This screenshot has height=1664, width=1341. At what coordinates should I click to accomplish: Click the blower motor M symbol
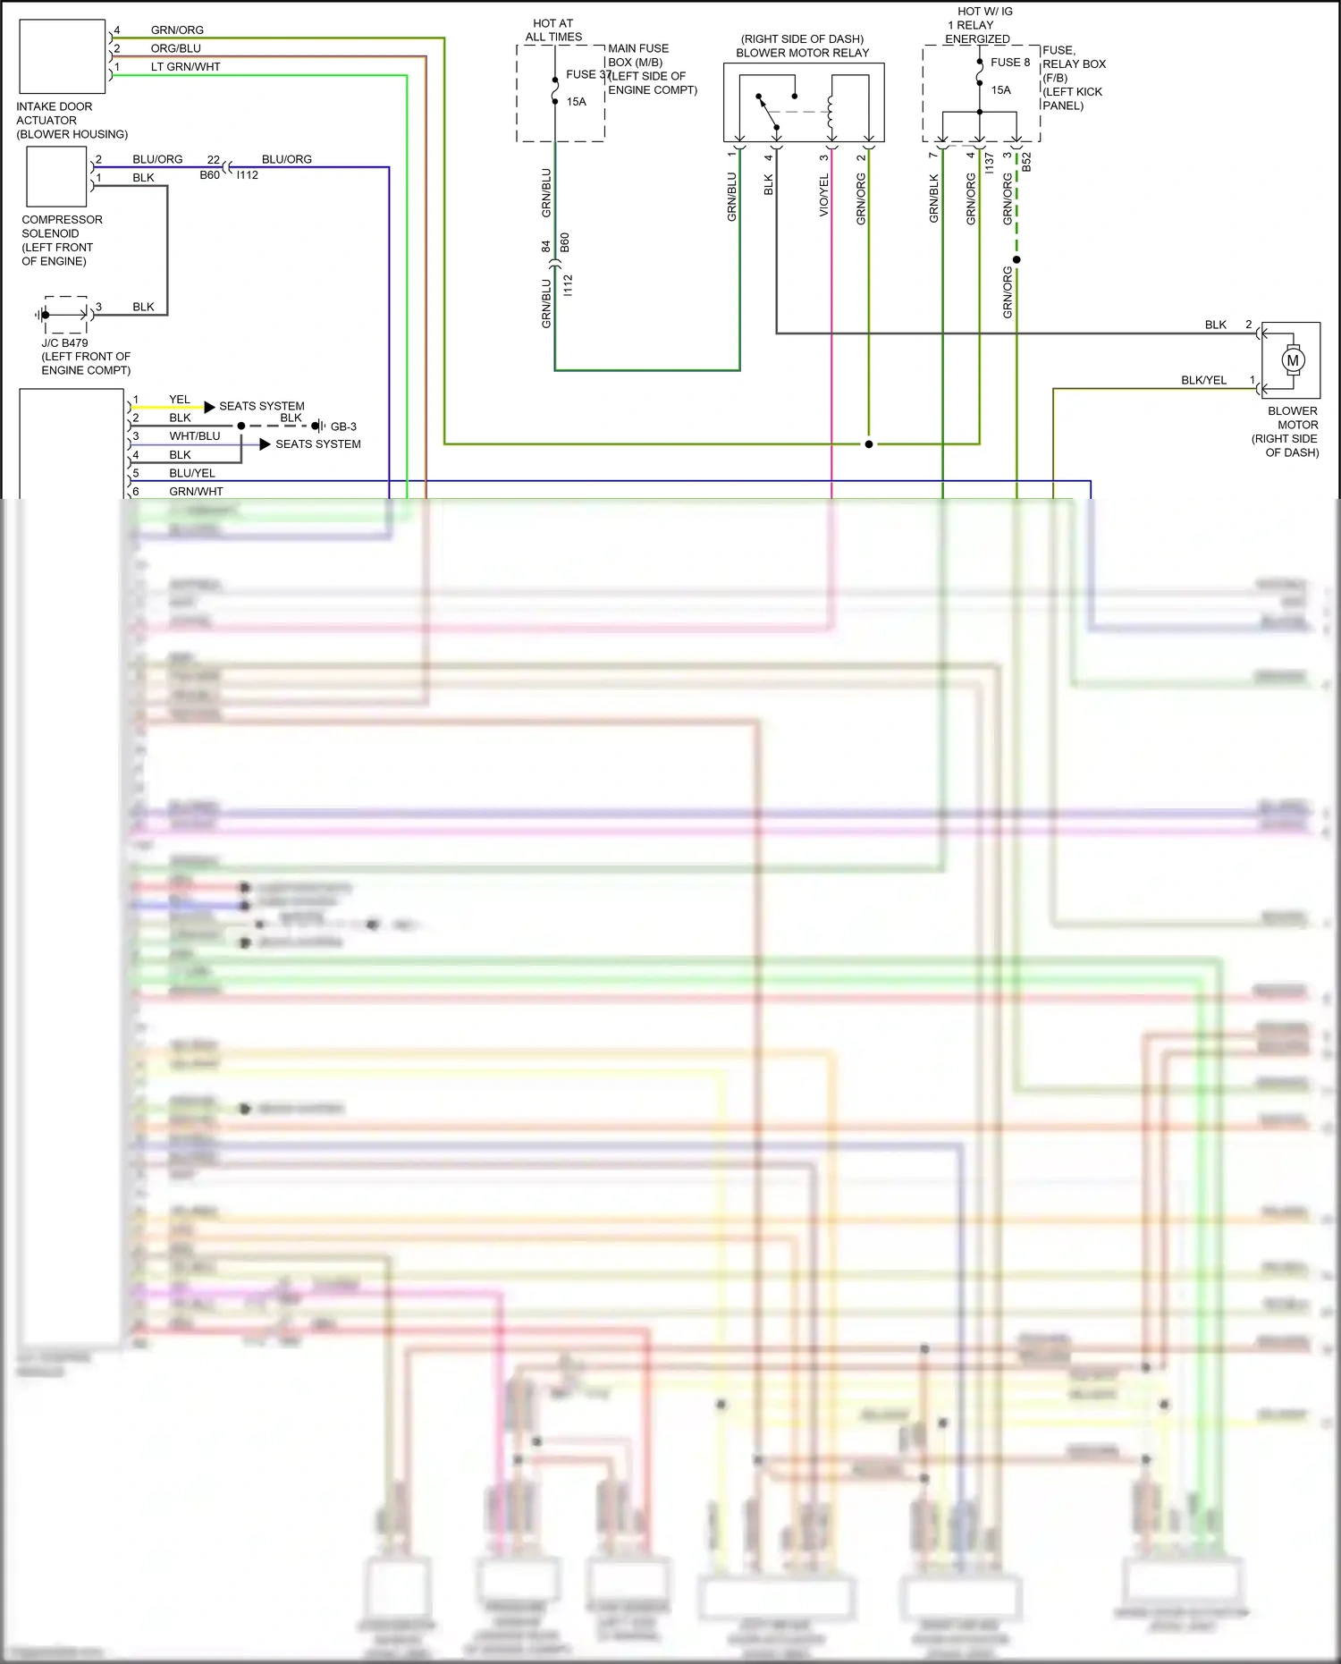tap(1292, 360)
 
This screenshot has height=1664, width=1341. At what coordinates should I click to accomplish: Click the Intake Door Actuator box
tap(62, 56)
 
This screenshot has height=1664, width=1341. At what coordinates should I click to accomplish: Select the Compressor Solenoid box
tap(56, 177)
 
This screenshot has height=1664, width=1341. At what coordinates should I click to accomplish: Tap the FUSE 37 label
tap(586, 74)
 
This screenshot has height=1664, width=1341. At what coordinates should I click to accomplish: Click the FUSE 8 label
tap(1009, 62)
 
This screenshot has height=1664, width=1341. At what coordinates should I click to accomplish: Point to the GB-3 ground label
tap(343, 427)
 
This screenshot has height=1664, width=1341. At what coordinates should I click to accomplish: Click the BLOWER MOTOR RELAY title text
tap(802, 53)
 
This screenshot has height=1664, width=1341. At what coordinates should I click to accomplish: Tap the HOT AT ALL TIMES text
tap(553, 30)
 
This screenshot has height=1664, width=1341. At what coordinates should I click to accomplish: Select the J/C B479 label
tap(64, 342)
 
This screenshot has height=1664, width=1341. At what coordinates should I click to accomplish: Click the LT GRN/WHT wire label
tap(185, 67)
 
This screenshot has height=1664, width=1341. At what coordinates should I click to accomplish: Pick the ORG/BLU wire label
tap(176, 48)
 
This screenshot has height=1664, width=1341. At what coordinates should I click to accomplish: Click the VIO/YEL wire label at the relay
tap(824, 195)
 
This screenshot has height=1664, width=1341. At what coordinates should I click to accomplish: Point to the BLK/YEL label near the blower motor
tap(1203, 380)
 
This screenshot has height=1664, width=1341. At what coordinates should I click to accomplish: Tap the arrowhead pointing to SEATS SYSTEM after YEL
tap(209, 407)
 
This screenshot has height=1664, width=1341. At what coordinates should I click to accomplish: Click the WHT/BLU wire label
tap(194, 436)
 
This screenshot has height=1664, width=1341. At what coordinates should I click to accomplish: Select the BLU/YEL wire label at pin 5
tap(191, 473)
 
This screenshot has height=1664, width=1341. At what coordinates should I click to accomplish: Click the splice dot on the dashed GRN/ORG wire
tap(1016, 260)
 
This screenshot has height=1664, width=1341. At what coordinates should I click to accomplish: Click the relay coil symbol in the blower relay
tap(831, 111)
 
